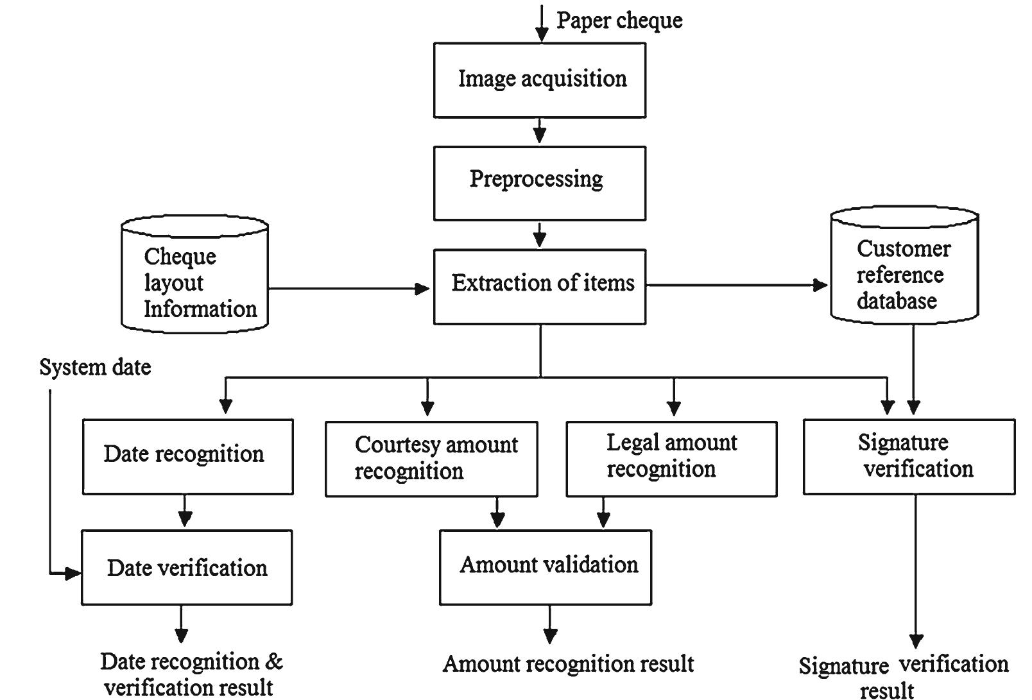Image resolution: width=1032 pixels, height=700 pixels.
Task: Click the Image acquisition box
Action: point(539,80)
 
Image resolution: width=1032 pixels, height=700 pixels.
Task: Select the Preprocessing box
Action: point(539,183)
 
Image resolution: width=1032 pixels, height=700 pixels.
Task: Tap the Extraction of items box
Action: point(539,286)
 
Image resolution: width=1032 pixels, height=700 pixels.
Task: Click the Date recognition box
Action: point(187,456)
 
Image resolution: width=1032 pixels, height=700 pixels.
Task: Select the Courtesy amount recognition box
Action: point(431,459)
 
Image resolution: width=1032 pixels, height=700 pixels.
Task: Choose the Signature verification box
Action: point(909,456)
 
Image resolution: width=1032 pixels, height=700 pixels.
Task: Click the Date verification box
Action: point(186,567)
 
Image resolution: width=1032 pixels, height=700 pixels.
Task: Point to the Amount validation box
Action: point(545,567)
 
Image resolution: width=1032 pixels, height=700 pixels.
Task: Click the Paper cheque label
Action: point(619,20)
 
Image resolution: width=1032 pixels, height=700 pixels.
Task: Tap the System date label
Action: point(95,367)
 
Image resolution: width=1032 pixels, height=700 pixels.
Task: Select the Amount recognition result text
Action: point(568,663)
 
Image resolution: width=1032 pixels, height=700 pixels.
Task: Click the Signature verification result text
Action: point(903,675)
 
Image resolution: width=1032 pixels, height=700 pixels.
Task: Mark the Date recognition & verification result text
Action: point(191,674)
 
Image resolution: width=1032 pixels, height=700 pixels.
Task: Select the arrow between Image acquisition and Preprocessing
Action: point(540,131)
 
